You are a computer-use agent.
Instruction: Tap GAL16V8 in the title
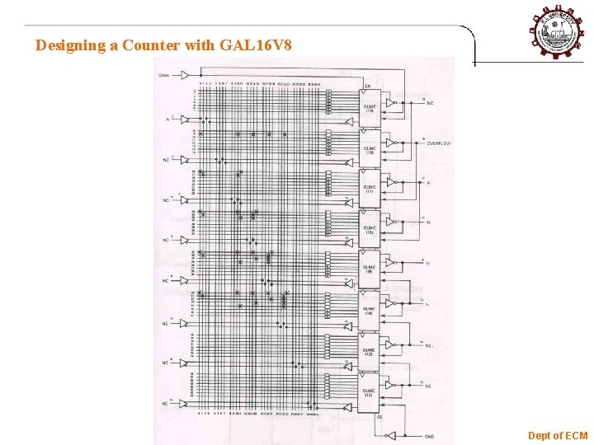pos(256,46)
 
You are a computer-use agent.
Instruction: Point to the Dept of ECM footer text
pos(558,435)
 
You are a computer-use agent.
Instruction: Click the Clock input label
pos(166,76)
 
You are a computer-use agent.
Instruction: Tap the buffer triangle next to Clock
pos(186,76)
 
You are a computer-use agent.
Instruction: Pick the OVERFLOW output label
pos(438,143)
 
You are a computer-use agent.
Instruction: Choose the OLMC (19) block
pos(369,108)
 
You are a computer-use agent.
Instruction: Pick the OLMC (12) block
pos(369,391)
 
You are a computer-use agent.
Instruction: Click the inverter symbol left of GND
pos(392,434)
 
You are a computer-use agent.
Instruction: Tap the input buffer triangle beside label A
pos(186,120)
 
